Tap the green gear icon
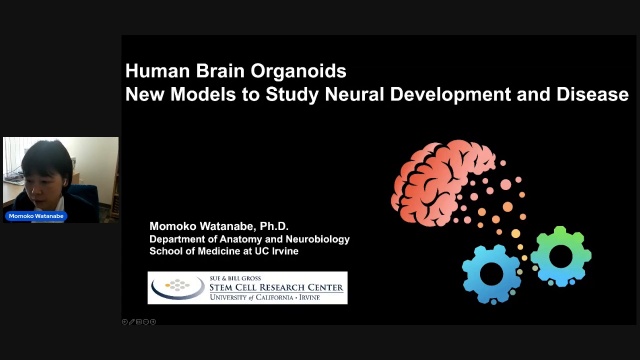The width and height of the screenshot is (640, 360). pos(560,256)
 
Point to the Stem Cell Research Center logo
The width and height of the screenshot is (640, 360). pos(248,288)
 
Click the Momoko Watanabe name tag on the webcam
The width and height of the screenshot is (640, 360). pos(37,215)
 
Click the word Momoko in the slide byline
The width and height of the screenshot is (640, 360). pos(175,227)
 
